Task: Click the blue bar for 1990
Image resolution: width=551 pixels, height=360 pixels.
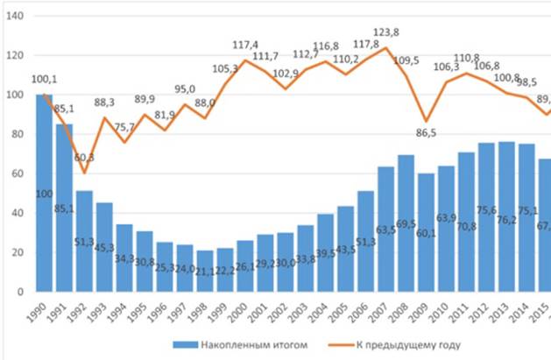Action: point(44,193)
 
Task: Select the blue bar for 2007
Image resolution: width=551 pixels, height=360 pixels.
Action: point(385,229)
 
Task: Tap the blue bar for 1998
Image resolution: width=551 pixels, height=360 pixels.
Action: point(204,271)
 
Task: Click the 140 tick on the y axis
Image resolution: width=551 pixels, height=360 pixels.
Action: point(15,16)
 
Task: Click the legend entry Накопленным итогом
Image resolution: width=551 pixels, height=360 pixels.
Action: point(245,344)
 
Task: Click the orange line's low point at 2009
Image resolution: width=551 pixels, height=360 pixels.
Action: point(427,121)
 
